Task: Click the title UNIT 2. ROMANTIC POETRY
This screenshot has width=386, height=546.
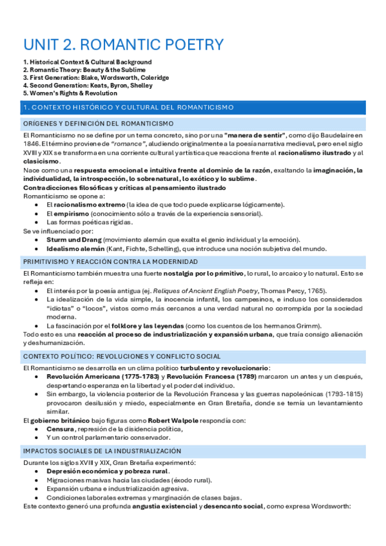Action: point(123,44)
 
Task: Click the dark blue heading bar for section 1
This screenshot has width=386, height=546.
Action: point(193,107)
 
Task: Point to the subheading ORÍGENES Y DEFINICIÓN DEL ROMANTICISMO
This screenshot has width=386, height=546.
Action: point(98,123)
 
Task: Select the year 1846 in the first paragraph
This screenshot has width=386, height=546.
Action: point(32,144)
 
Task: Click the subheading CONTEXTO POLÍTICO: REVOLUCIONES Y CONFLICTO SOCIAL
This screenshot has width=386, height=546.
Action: point(121,357)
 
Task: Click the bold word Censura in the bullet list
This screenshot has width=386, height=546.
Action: point(60,429)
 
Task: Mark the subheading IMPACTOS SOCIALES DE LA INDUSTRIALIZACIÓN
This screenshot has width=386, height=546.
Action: point(102,451)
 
